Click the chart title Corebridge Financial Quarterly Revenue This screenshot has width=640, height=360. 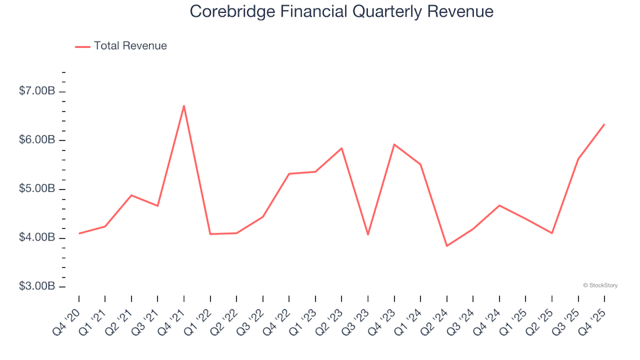tap(341, 12)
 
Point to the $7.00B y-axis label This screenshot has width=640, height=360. tap(38, 91)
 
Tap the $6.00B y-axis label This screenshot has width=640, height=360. tap(38, 140)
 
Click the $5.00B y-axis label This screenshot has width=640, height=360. tap(38, 189)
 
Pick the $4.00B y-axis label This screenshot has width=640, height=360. tap(38, 238)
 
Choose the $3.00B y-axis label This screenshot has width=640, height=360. tap(38, 287)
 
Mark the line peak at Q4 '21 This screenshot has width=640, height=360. tap(183, 105)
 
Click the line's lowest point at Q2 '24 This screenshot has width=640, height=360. tap(447, 246)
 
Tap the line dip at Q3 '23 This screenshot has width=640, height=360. tap(367, 235)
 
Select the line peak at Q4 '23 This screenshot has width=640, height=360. tap(394, 144)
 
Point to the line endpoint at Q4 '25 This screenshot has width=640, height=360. tap(604, 124)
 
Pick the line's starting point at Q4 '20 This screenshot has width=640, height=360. tap(79, 233)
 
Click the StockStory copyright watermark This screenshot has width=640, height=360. tap(600, 285)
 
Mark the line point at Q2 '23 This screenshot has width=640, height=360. tap(341, 148)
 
